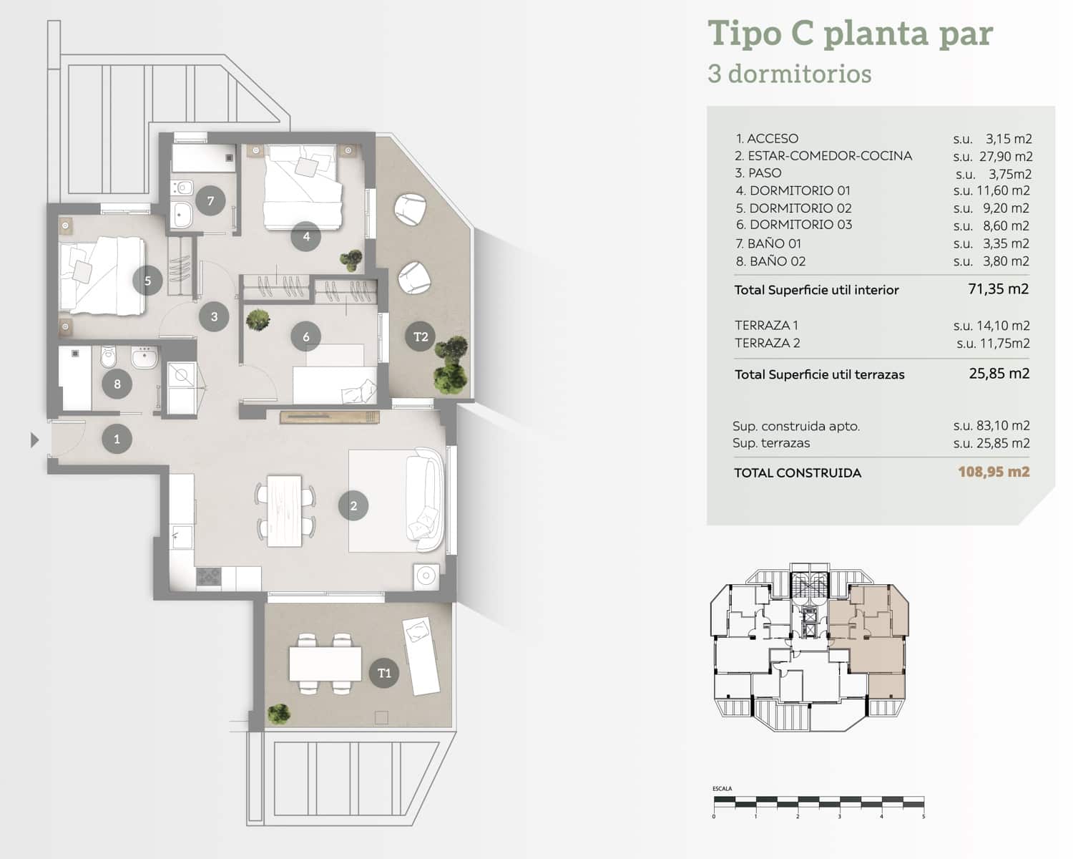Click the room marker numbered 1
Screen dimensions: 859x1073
coord(117,439)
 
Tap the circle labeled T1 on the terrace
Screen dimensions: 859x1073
coord(384,673)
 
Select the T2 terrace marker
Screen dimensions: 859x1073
coord(421,336)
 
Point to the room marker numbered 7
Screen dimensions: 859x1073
coord(210,201)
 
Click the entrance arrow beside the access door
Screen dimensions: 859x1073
coord(34,440)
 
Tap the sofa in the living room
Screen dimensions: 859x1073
coord(425,499)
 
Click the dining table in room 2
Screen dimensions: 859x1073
coord(285,510)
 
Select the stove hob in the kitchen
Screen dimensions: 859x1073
coord(208,576)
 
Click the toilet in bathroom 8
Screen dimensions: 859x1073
coord(109,356)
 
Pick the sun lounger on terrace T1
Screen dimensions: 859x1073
coord(421,656)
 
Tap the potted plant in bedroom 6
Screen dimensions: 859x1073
coord(257,319)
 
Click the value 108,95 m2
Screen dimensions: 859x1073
coord(994,472)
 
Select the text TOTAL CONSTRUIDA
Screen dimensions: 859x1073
coord(798,472)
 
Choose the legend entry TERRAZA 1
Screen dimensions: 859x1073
coord(767,325)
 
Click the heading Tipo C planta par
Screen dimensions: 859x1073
coord(850,33)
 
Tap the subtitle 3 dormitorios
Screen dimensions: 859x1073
coord(789,74)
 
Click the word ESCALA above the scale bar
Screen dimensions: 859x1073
coord(722,788)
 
